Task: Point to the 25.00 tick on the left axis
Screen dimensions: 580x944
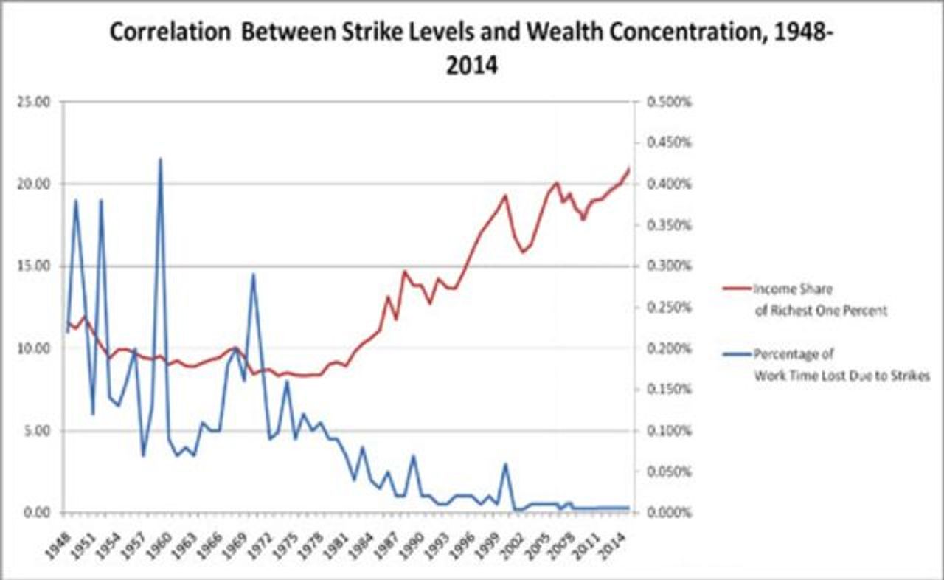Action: [x=34, y=102]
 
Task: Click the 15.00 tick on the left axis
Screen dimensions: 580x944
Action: [x=34, y=266]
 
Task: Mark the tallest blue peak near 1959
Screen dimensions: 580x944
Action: [x=160, y=159]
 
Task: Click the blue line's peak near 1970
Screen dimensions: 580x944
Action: [x=253, y=274]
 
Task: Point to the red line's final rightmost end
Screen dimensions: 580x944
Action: [x=629, y=168]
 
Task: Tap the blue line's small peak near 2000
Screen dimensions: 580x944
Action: [x=505, y=464]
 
